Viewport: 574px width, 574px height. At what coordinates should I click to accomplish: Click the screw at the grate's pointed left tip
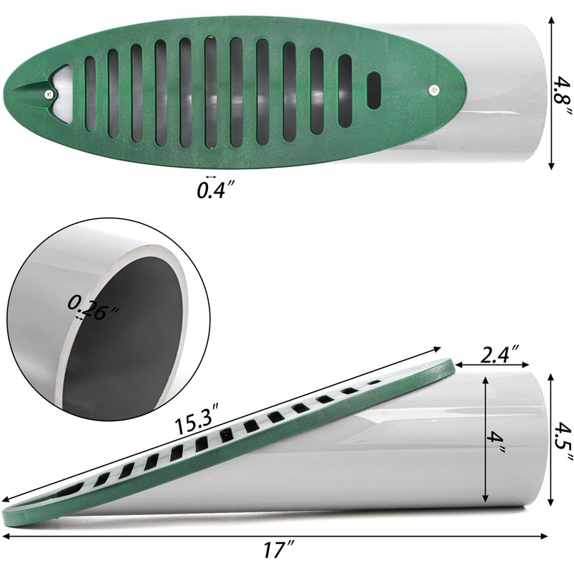48,93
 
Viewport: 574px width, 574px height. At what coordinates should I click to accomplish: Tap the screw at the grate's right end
436,90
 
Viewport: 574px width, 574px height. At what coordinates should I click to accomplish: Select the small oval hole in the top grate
374,90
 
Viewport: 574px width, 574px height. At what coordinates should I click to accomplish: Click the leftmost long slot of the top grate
90,93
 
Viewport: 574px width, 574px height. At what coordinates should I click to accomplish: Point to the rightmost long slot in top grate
345,90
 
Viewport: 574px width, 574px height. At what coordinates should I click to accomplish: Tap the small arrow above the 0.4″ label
210,177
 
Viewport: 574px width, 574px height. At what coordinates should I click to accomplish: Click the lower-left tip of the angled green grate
9,517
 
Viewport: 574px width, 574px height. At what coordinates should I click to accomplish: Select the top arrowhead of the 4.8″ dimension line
551,20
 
